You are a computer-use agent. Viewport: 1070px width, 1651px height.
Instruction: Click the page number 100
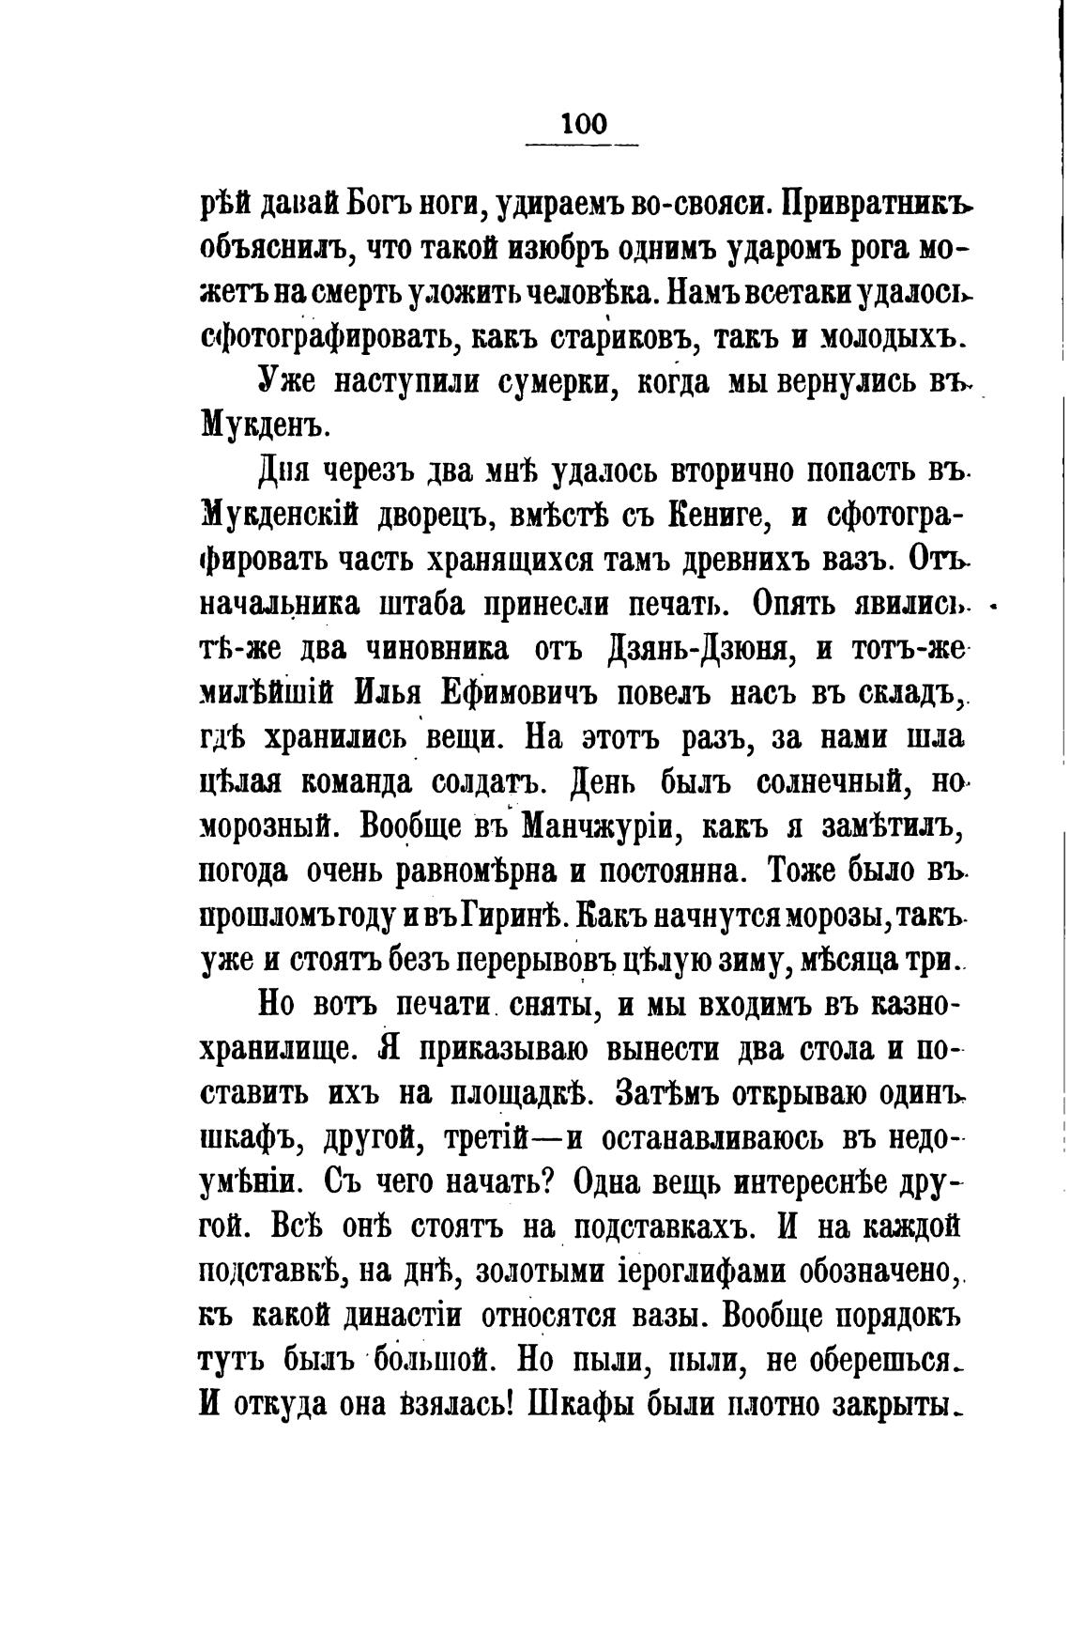582,124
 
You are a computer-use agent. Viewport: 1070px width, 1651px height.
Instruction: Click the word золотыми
532,1272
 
